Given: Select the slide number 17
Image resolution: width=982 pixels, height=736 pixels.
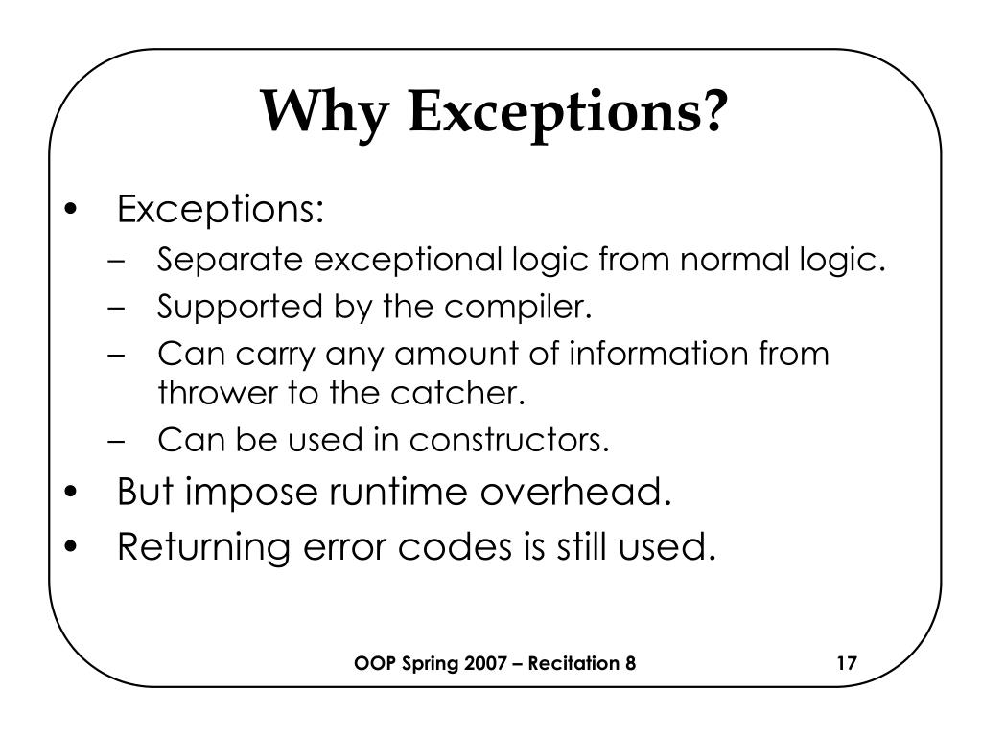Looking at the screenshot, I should (846, 664).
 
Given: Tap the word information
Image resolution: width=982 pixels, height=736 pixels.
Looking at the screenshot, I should (650, 355).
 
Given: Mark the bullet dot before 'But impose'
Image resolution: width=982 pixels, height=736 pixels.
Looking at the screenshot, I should (74, 494).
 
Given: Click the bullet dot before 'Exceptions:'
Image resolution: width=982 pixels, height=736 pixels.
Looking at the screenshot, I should (74, 210).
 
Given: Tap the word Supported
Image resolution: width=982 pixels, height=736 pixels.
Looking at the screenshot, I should (227, 309).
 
